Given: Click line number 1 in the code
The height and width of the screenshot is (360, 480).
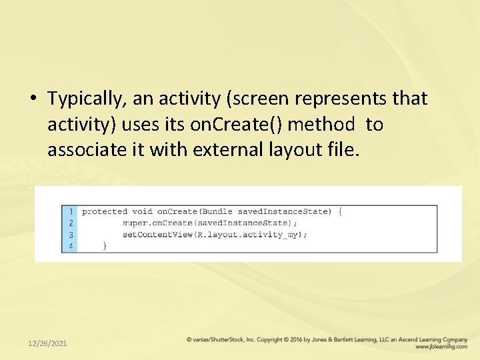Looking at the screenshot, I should (x=71, y=211).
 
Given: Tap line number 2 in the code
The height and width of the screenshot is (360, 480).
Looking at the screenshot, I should (x=71, y=223).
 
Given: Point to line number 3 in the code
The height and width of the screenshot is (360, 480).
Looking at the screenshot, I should (x=71, y=235).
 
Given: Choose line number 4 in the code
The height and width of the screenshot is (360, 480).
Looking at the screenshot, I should (x=71, y=246).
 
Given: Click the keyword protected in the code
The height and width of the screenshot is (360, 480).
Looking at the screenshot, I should (x=104, y=211).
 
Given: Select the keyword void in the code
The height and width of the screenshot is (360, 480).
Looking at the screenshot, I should (x=142, y=211).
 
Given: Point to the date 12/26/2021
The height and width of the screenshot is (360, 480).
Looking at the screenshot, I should (x=47, y=343).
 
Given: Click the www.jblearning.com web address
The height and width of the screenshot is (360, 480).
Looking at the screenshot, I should (x=440, y=347).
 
